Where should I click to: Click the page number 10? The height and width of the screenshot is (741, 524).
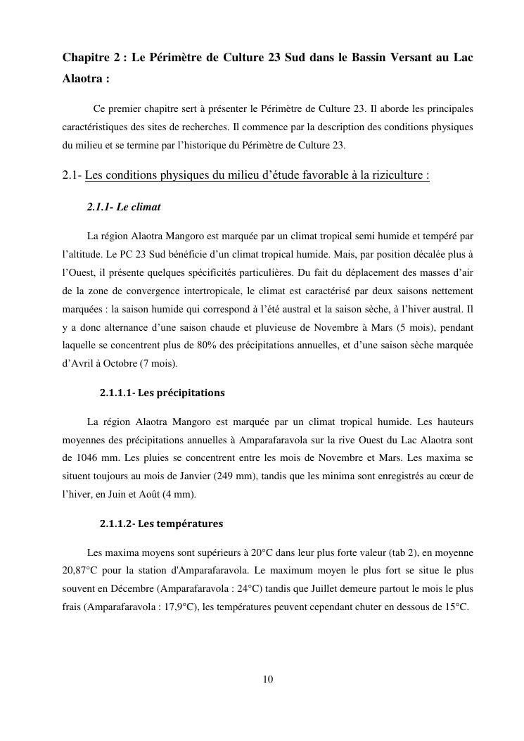[267, 679]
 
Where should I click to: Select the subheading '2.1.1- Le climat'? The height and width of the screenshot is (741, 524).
[124, 207]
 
